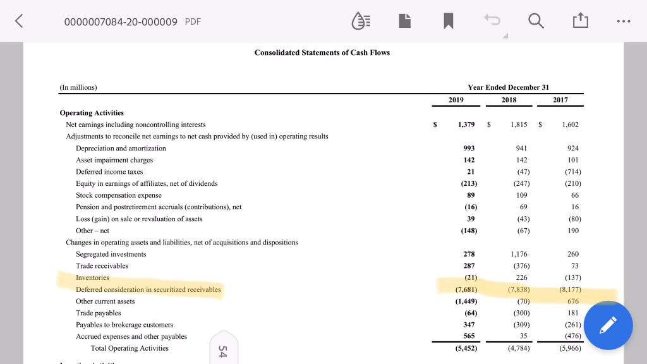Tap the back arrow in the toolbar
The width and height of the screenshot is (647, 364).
tap(19, 21)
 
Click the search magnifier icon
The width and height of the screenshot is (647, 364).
tap(536, 21)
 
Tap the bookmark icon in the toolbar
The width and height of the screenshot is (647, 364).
tap(449, 21)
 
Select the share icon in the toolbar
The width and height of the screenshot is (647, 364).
tap(579, 21)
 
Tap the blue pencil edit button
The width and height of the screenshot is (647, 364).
tap(608, 325)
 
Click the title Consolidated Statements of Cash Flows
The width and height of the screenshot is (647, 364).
tap(322, 52)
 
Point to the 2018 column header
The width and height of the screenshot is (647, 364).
tap(509, 100)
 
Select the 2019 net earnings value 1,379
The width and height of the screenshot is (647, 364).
tap(466, 124)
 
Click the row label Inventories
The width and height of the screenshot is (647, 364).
tap(92, 277)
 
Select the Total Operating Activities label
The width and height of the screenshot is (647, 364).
tap(130, 348)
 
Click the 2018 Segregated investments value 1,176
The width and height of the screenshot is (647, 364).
tap(518, 254)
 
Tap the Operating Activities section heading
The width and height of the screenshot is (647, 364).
tap(92, 112)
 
